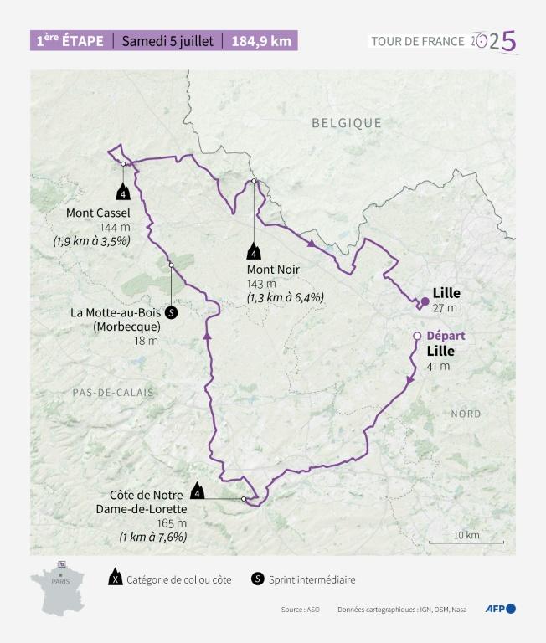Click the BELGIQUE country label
(347, 123)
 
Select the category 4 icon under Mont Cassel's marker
(123, 193)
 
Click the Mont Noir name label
(273, 270)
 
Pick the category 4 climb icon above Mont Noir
(253, 250)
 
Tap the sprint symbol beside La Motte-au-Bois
(171, 313)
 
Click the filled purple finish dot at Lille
(425, 300)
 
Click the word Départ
(446, 336)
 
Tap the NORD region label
(466, 414)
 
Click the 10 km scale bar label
(466, 535)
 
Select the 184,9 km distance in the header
(262, 41)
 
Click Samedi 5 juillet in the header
(167, 41)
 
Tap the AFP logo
(501, 609)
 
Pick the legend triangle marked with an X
(114, 579)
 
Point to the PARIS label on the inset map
(60, 580)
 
